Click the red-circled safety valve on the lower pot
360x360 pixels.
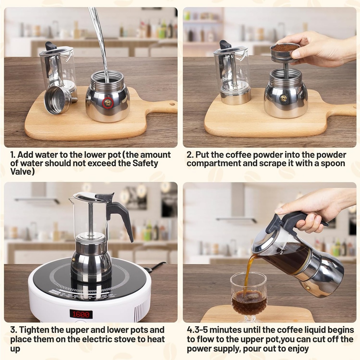tap(108, 103)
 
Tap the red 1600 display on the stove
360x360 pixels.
tap(81, 314)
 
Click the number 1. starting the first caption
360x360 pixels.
tap(13, 155)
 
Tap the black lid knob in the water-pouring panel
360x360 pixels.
tap(51, 46)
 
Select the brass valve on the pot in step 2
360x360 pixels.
tap(283, 98)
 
